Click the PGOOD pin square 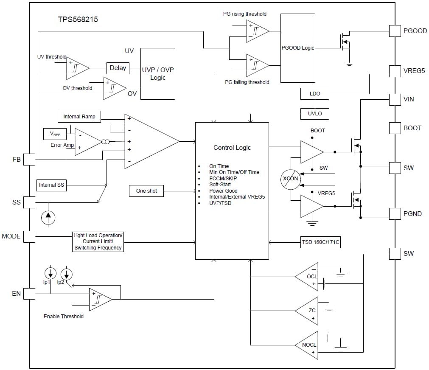pos(395,31)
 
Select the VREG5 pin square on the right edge pos(395,71)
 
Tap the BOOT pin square pos(395,128)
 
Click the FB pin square pos(29,160)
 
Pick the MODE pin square pos(29,236)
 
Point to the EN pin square pos(29,293)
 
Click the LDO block pos(314,94)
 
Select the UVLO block pos(314,113)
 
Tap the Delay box pos(118,68)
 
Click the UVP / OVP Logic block pos(157,74)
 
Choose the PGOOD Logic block pos(298,48)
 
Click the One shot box pos(146,191)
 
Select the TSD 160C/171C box pos(320,242)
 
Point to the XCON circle pos(291,179)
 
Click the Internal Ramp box pos(79,117)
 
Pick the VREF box pos(55,134)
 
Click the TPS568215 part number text pos(78,20)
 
